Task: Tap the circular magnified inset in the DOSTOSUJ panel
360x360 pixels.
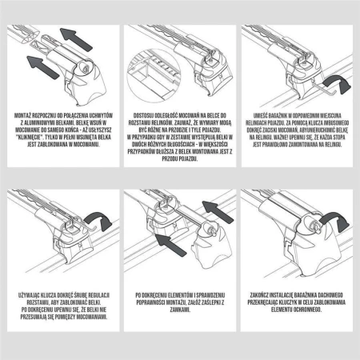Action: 151,68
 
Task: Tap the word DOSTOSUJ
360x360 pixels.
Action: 143,115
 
